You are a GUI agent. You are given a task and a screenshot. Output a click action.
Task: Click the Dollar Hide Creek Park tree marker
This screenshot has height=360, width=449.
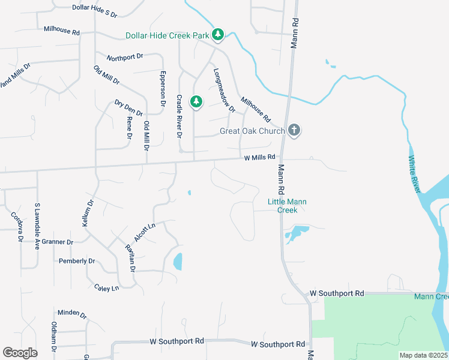218,35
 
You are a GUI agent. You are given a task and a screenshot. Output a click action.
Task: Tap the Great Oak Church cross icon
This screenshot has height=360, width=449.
294,130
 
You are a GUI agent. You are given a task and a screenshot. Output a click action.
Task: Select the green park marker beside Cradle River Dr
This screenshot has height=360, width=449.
196,101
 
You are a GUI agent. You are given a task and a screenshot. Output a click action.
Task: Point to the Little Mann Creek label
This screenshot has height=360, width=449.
287,206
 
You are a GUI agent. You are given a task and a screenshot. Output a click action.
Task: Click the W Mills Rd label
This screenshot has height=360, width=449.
259,157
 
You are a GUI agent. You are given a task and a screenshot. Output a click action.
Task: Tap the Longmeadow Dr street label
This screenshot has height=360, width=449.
224,90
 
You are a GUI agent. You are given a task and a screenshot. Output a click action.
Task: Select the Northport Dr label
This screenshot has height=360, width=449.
125,57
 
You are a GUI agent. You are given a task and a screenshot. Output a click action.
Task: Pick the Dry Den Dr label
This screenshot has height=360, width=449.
128,108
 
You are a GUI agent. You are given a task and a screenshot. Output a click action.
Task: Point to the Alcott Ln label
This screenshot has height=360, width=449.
145,232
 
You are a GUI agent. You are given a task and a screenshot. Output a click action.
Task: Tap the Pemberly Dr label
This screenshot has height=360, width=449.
77,261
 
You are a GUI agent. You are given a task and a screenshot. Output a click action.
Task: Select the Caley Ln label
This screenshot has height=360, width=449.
107,288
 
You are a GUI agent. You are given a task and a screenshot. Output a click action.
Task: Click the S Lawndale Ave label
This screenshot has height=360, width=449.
37,226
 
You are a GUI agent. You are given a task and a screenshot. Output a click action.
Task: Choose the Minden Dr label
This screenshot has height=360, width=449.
72,313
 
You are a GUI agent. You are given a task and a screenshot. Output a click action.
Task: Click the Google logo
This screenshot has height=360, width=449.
20,353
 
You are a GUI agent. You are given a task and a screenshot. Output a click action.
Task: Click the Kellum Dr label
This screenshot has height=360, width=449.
88,212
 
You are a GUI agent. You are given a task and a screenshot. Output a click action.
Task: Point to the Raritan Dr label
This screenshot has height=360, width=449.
129,258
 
